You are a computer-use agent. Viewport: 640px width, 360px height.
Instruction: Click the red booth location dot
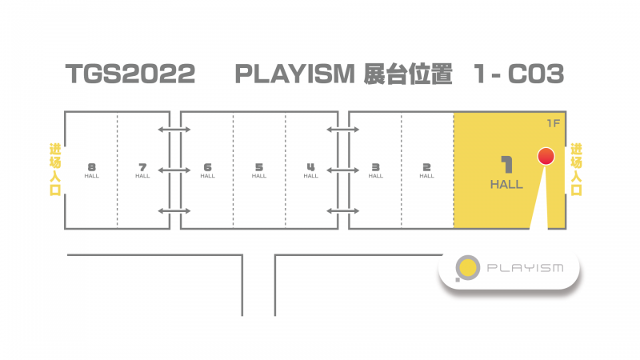click(546, 156)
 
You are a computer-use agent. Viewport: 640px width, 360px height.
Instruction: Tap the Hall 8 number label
click(91, 167)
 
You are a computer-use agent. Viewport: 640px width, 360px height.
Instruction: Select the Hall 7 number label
click(142, 167)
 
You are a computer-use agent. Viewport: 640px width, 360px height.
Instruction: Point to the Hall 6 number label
click(207, 167)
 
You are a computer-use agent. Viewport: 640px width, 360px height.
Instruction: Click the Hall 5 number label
click(258, 167)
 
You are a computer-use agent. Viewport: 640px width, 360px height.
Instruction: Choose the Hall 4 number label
click(310, 167)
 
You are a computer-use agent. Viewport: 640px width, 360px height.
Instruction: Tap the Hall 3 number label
click(375, 167)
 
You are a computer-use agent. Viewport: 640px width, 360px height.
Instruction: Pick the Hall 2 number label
click(426, 167)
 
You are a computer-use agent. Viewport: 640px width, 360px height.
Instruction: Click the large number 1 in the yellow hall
click(507, 165)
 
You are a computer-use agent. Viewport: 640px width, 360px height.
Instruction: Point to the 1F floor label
click(553, 123)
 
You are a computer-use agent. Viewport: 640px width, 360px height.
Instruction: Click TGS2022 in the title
click(130, 74)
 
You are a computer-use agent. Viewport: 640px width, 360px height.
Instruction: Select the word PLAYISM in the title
click(294, 74)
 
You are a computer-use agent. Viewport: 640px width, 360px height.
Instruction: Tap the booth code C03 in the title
click(536, 74)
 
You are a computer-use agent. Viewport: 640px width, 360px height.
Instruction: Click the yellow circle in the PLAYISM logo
click(468, 268)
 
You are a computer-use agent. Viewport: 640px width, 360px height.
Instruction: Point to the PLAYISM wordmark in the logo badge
click(526, 268)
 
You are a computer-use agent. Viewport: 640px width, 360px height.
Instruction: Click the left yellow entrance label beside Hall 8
click(55, 170)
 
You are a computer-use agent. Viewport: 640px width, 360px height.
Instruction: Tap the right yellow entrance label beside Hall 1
click(576, 170)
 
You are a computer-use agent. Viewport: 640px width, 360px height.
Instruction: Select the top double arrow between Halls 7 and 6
click(174, 130)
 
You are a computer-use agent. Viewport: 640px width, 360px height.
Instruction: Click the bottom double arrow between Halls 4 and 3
click(343, 211)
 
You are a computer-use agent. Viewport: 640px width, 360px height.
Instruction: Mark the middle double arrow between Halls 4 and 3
click(343, 170)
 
